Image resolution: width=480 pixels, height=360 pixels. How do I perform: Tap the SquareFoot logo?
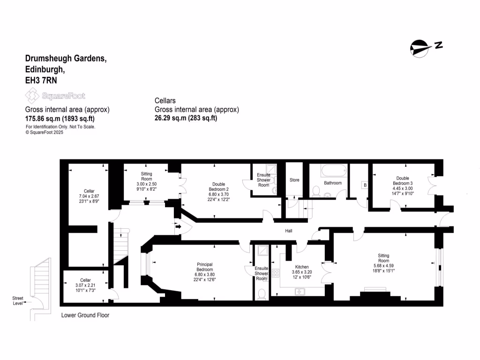click(x=55, y=96)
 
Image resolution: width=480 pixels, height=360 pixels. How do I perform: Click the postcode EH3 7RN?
click(x=41, y=80)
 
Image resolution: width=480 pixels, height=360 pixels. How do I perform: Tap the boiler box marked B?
click(x=365, y=185)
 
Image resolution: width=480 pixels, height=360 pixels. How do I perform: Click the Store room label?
click(x=294, y=180)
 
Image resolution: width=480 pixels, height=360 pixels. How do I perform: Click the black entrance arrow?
click(x=178, y=228)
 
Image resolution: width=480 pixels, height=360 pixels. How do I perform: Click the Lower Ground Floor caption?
click(x=85, y=315)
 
